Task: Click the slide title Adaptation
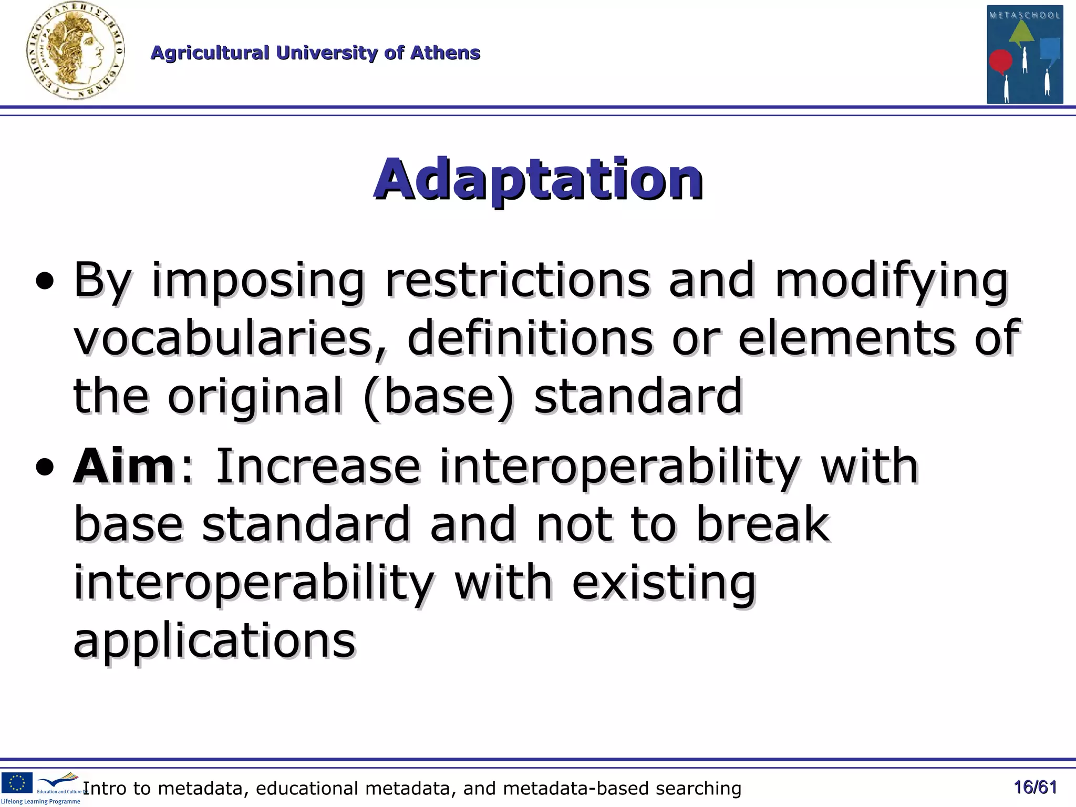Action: pos(538,179)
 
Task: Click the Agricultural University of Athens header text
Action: pos(315,53)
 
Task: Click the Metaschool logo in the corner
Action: pos(1025,54)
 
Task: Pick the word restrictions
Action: pos(518,280)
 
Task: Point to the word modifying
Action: pos(891,280)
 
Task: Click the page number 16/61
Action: pos(1035,788)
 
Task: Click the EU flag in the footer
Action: pos(17,782)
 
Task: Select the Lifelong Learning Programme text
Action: pos(41,802)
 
